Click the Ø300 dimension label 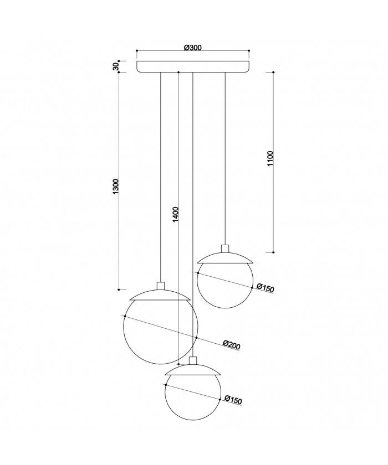click(192, 48)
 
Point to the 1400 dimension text click(175, 214)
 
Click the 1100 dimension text click(270, 159)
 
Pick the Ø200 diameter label click(232, 345)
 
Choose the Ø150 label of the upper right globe click(266, 288)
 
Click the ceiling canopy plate click(193, 66)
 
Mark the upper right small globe click(225, 283)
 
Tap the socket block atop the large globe click(161, 286)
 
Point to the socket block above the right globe click(225, 249)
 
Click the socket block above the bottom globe click(193, 361)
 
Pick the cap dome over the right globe click(225, 257)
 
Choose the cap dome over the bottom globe click(193, 369)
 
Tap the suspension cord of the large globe click(160, 177)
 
